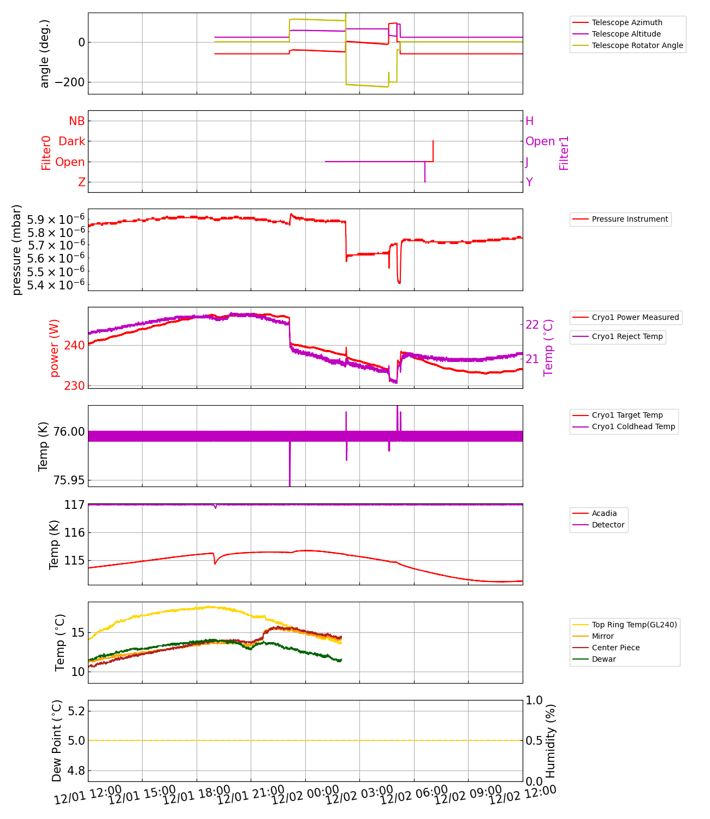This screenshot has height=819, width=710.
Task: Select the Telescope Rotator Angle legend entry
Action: (x=637, y=45)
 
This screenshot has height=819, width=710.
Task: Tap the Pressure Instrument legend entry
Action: (x=629, y=219)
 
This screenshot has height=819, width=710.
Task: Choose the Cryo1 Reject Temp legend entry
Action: (x=626, y=336)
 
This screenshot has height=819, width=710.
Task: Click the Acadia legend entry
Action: (x=603, y=513)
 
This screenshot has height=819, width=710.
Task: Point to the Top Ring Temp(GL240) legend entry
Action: (x=634, y=625)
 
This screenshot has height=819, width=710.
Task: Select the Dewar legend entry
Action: (x=603, y=659)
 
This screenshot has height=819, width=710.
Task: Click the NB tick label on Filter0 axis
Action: (x=76, y=121)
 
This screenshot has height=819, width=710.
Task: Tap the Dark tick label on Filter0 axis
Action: (x=72, y=141)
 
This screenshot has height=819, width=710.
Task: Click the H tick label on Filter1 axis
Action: (x=529, y=121)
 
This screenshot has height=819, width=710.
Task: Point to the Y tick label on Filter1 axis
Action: (x=529, y=182)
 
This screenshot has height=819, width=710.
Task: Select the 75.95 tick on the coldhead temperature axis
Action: (x=69, y=480)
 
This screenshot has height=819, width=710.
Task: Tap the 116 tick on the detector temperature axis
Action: (x=74, y=533)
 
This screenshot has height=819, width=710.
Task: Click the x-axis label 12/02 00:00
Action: (x=298, y=795)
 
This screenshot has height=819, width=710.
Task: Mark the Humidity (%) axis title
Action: (x=551, y=741)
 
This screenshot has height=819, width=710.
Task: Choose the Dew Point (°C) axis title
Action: (x=57, y=741)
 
